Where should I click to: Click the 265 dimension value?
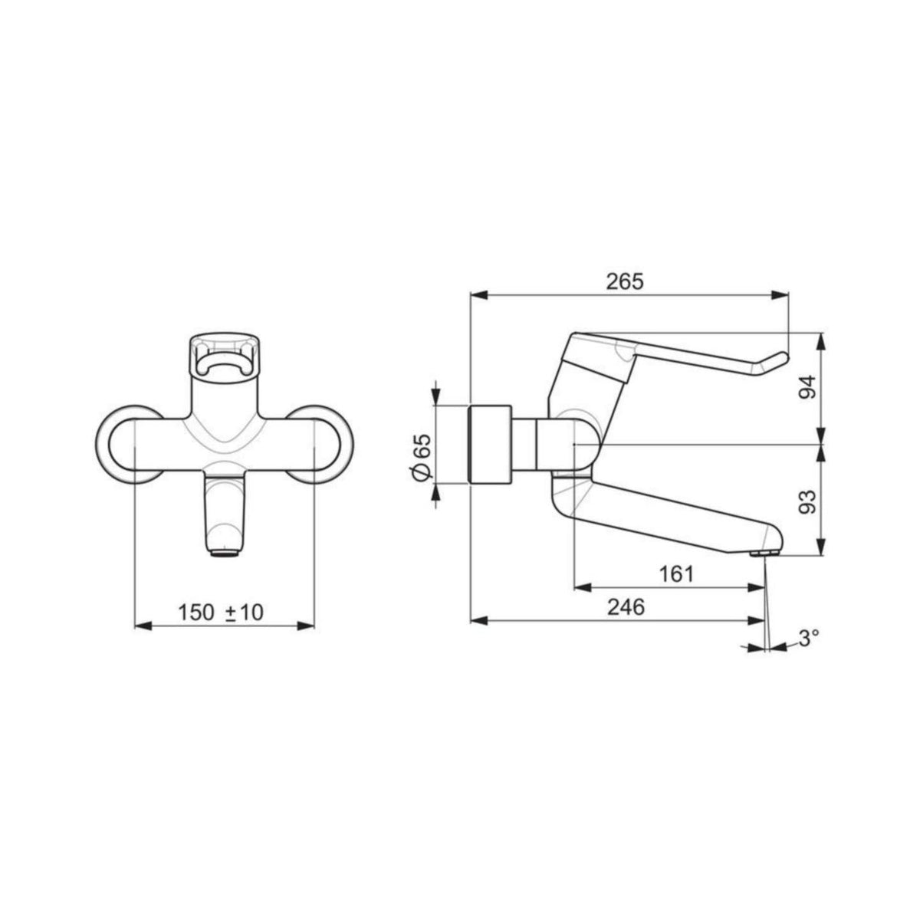coord(625,282)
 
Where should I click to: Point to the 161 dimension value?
coord(676,574)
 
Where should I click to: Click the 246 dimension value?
coord(626,606)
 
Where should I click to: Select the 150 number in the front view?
coord(195,613)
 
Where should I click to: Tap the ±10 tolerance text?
coord(245,613)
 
